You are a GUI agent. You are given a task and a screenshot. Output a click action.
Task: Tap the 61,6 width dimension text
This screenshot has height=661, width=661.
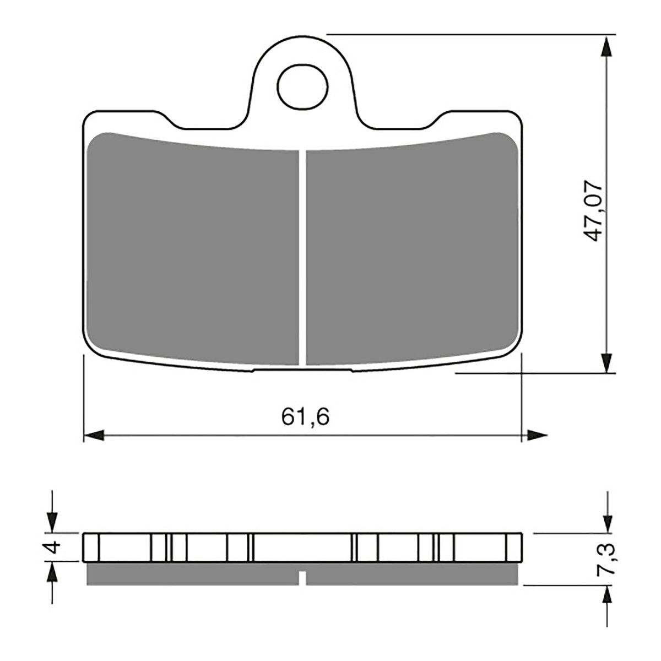click(305, 417)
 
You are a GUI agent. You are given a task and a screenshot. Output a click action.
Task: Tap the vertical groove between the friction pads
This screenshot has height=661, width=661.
click(302, 256)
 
